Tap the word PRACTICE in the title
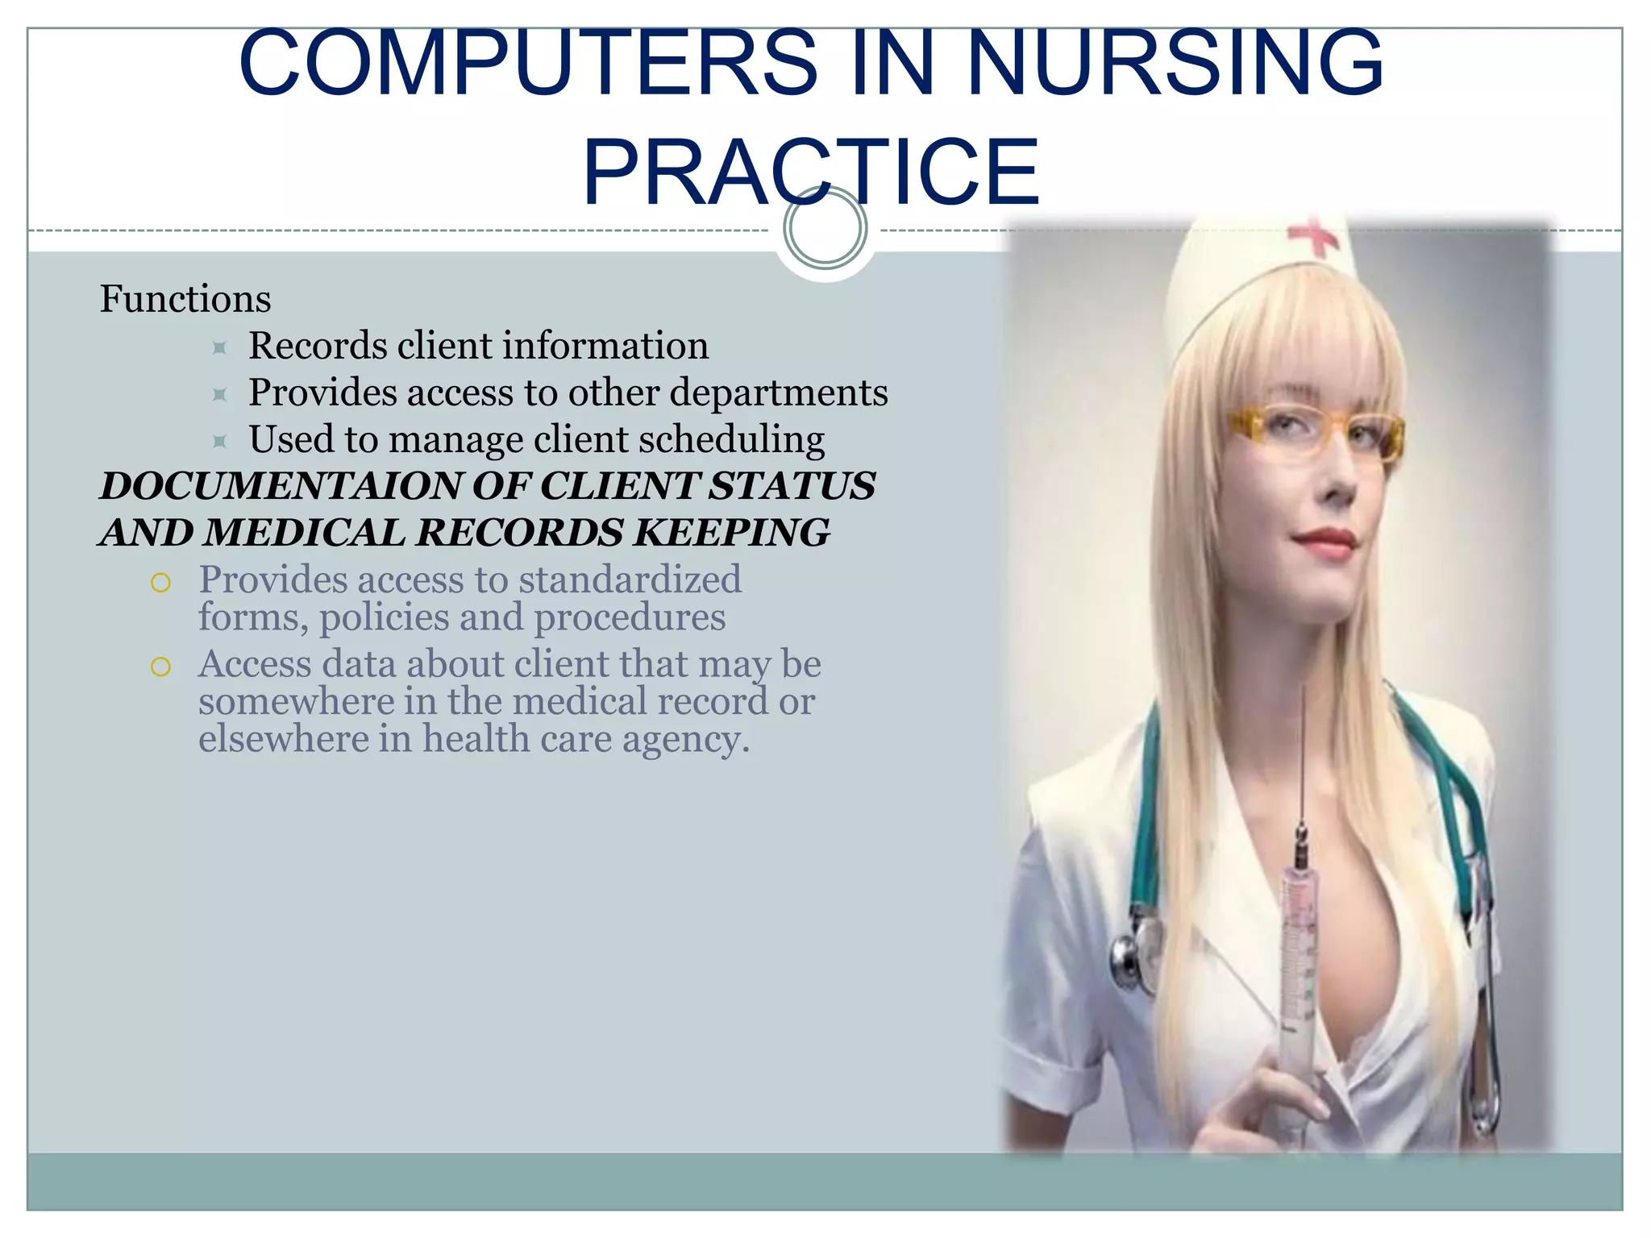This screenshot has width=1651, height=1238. pyautogui.click(x=811, y=172)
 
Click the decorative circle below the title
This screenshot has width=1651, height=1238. pyautogui.click(x=825, y=228)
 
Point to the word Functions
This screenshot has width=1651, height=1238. pyautogui.click(x=185, y=299)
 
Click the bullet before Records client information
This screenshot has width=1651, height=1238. pyautogui.click(x=219, y=347)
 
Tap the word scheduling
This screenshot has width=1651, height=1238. pyautogui.click(x=731, y=440)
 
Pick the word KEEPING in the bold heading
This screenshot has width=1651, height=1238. pyautogui.click(x=732, y=533)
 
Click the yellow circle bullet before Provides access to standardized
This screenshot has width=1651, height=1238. pyautogui.click(x=161, y=582)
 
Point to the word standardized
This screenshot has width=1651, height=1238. pyautogui.click(x=630, y=580)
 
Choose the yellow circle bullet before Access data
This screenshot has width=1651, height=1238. pyautogui.click(x=161, y=667)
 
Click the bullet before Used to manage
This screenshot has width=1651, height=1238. pyautogui.click(x=219, y=441)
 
